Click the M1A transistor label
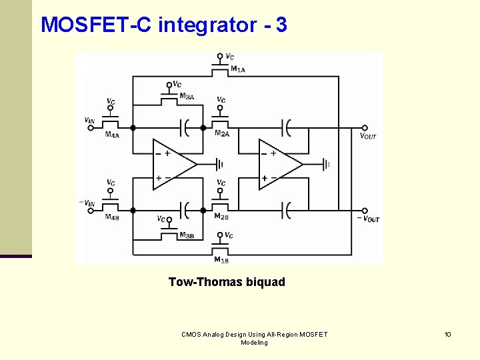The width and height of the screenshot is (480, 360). pos(237,69)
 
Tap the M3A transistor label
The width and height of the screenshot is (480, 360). pos(187,97)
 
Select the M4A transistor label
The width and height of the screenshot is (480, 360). pos(112,135)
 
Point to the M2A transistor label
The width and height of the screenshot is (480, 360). pos(222,133)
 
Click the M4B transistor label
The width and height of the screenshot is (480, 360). pos(112,217)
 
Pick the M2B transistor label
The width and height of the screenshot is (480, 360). pos(221,216)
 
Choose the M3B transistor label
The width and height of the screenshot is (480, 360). pos(187,235)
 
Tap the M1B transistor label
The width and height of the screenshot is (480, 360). pos(221,259)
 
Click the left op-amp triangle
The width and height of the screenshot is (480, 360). pos(172,164)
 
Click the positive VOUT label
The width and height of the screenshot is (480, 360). pos(368,136)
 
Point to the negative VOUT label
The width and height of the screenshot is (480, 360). pos(368,219)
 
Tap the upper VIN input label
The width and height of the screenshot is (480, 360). pos(89,121)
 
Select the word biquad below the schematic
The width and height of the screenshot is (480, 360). pos(265,282)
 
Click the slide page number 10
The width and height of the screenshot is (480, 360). pos(448,334)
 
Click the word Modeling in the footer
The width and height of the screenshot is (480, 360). pos(254,343)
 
